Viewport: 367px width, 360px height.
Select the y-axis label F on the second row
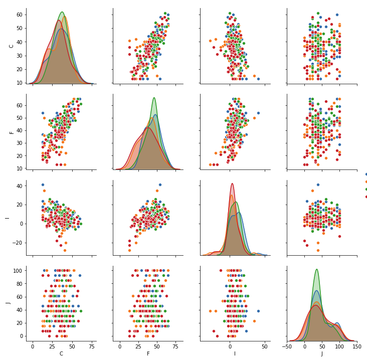12,132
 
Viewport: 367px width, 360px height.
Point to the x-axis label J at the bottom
321,353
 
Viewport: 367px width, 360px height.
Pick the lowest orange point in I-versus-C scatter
65,250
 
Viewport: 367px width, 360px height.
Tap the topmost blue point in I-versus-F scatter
160,185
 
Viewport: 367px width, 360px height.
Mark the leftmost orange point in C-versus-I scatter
210,41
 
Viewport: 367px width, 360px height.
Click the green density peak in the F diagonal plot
154,98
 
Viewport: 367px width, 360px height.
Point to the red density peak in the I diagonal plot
232,184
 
